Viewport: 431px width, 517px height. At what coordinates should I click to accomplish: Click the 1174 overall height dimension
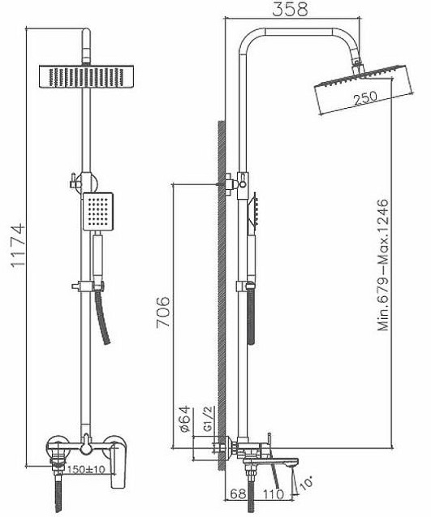[18, 245]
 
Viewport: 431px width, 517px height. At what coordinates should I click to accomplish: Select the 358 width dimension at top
[291, 9]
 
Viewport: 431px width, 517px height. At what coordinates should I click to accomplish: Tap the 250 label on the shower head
[364, 98]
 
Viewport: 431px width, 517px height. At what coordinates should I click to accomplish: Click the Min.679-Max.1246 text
[383, 265]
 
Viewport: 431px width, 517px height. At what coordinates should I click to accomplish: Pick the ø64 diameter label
[184, 419]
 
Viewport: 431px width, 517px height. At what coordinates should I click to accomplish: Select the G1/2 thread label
[209, 419]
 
